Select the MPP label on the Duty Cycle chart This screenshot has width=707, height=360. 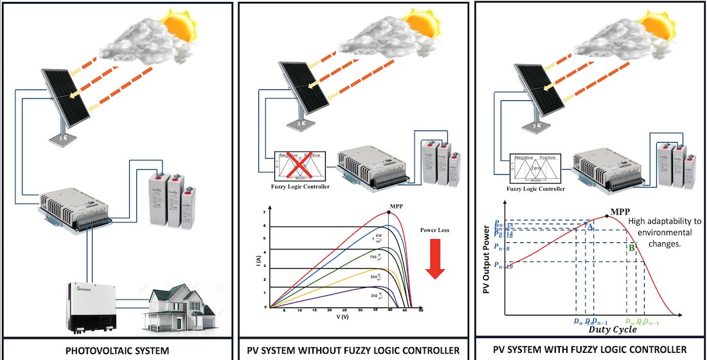point(621,210)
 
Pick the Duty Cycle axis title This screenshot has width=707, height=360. point(613,329)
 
